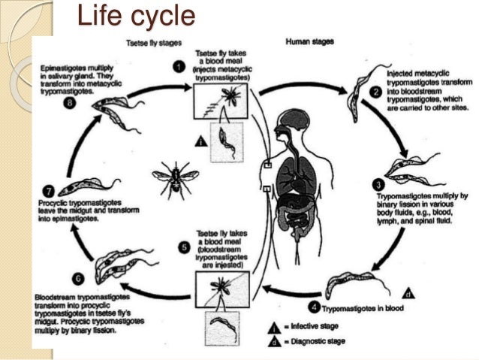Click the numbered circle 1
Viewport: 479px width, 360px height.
click(177, 67)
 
